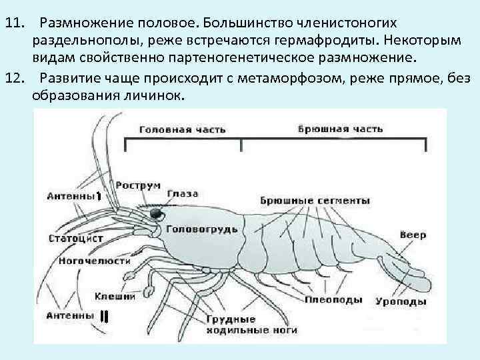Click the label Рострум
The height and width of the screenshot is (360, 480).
point(138,185)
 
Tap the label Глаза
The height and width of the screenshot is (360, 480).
point(183,193)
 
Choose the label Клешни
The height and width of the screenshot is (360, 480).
point(115,296)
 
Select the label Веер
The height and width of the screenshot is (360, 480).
point(413,235)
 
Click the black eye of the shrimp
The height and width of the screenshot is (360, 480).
point(157,214)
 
